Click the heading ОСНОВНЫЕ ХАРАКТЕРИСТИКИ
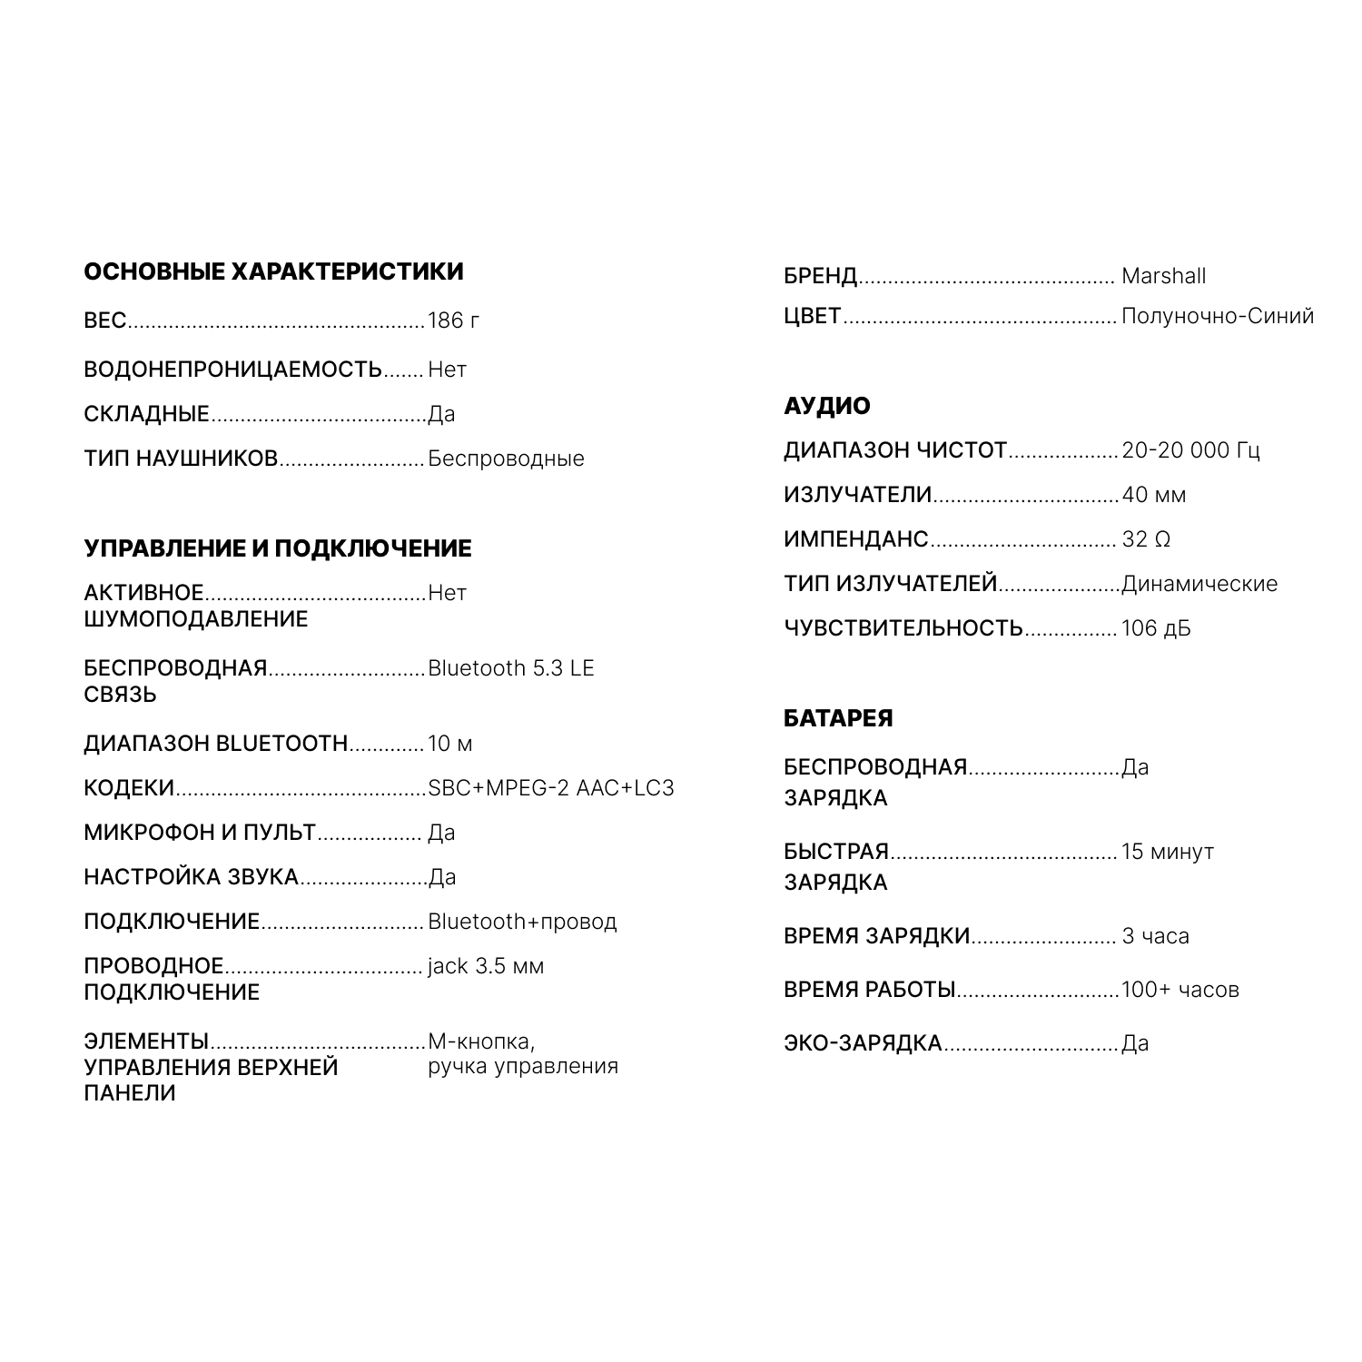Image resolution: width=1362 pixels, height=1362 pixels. pos(273,271)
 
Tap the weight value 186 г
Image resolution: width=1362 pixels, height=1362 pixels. pos(453,321)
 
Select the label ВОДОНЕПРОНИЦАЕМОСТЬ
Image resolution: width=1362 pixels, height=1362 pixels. pos(232,370)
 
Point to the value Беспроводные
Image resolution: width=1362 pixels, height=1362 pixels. pos(506,459)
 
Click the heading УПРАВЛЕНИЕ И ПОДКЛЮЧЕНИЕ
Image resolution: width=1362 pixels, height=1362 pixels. pos(278,548)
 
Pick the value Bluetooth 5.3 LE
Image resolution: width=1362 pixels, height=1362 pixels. pos(510,668)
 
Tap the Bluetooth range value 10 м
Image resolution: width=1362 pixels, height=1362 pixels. pos(449,744)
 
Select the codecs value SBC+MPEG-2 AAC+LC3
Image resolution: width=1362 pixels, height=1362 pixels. pos(551,788)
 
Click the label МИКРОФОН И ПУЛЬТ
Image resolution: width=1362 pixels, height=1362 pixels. pos(200,833)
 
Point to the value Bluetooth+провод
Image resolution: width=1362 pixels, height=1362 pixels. pos(522,922)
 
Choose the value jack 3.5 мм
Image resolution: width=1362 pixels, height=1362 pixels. pos(486,966)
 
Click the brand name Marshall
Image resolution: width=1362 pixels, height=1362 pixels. pos(1163,276)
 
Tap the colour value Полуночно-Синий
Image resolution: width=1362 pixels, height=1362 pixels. pos(1218,316)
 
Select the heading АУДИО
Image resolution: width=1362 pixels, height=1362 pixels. pos(826,406)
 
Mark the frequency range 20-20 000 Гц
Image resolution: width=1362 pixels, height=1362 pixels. pos(1190,450)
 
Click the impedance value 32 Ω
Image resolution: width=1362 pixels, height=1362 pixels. pos(1146,539)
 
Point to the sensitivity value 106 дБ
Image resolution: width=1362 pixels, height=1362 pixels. pos(1156,628)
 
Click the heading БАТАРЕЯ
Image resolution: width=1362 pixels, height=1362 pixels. pos(838,718)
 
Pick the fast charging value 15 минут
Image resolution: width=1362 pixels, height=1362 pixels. pos(1167,852)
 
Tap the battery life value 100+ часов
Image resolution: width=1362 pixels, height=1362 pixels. pos(1179,990)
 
